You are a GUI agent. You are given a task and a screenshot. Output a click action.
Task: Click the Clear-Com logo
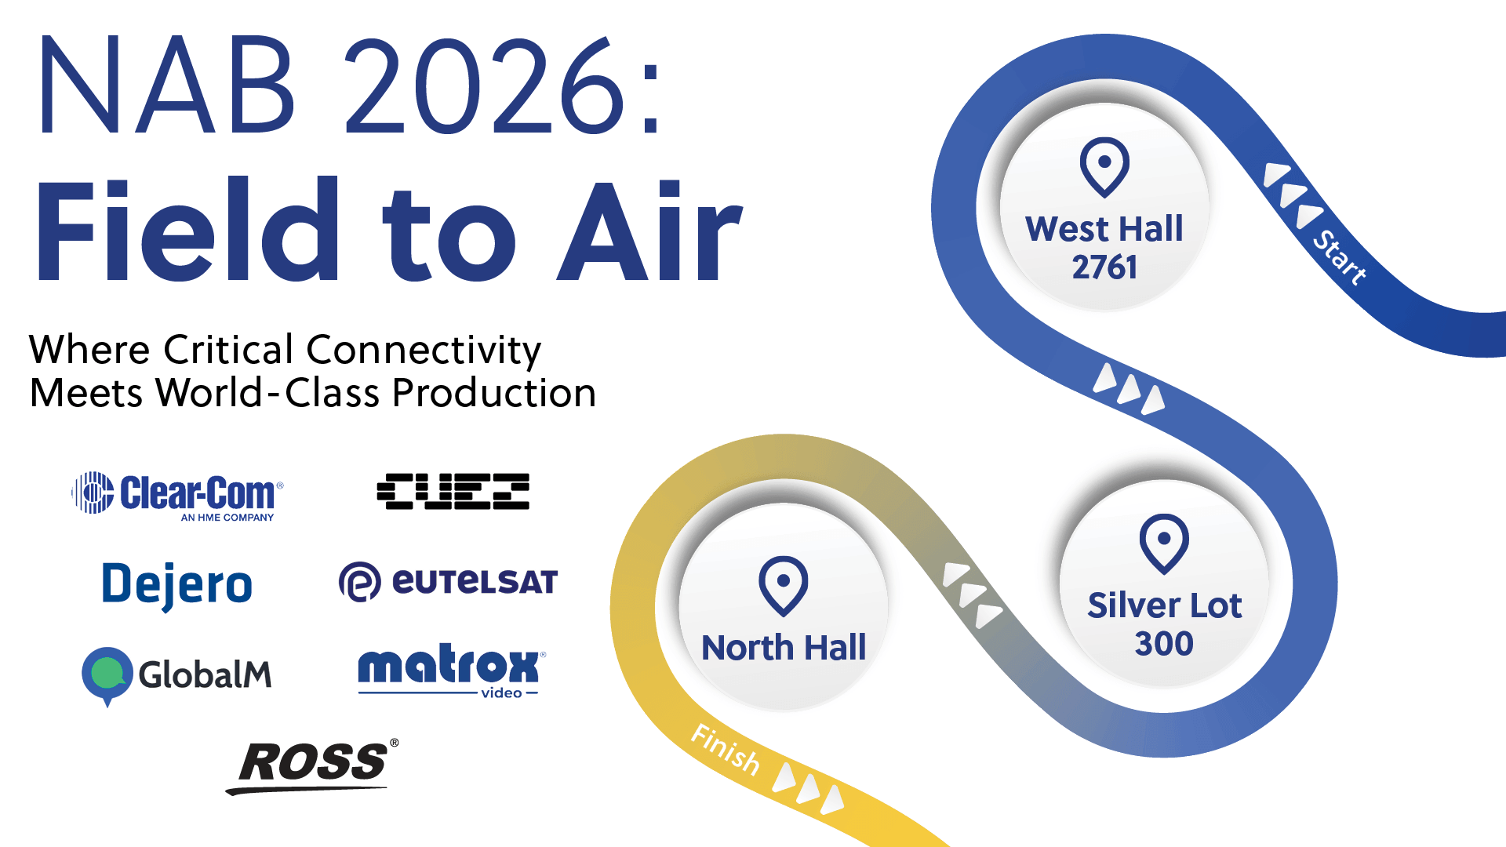tap(177, 494)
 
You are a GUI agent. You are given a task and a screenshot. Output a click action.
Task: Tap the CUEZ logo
tap(453, 492)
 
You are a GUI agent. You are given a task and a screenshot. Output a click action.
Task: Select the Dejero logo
tap(177, 585)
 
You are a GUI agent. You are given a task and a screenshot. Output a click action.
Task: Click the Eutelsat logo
tap(448, 582)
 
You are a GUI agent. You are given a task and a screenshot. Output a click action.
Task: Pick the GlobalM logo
tap(177, 674)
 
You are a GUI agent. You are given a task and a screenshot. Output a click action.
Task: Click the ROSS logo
tap(313, 765)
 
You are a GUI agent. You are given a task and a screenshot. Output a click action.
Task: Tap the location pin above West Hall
tap(1104, 166)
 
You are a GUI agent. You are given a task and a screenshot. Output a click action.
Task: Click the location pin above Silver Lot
tap(1164, 543)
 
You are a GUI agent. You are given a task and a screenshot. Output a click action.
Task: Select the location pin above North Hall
tap(783, 585)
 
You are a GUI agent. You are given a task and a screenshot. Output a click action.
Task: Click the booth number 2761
tap(1104, 267)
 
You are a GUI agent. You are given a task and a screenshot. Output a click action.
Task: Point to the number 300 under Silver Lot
tap(1164, 644)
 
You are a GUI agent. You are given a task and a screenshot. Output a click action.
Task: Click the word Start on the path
tap(1340, 256)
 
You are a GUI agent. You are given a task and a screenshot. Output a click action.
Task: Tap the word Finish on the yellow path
tap(726, 749)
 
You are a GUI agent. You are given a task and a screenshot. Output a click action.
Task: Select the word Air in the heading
tap(649, 231)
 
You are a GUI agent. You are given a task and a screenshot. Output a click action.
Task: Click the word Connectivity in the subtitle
tap(424, 350)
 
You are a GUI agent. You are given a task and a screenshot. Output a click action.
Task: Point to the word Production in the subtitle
tap(494, 393)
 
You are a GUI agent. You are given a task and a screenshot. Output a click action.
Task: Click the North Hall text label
tap(784, 648)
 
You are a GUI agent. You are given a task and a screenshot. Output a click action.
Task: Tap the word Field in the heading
tap(188, 231)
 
